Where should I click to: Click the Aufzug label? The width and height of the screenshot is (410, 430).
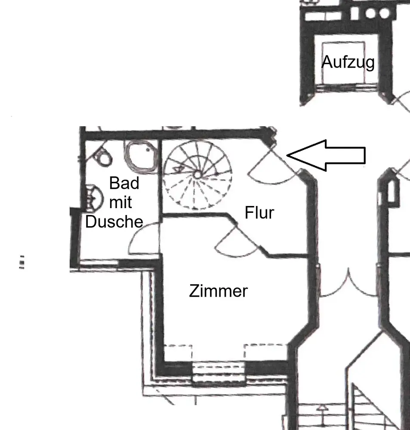pyautogui.click(x=348, y=62)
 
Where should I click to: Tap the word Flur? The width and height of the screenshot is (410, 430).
pyautogui.click(x=259, y=212)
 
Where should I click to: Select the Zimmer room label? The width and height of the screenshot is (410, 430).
pyautogui.click(x=218, y=291)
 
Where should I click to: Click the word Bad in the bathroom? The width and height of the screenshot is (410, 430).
pyautogui.click(x=124, y=183)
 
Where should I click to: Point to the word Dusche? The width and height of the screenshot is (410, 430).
pyautogui.click(x=114, y=221)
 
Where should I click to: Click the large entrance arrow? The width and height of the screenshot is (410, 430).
pyautogui.click(x=327, y=155)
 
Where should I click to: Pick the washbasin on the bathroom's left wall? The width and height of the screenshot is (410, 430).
pyautogui.click(x=93, y=197)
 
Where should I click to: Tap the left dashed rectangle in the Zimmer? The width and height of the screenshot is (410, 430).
pyautogui.click(x=178, y=352)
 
